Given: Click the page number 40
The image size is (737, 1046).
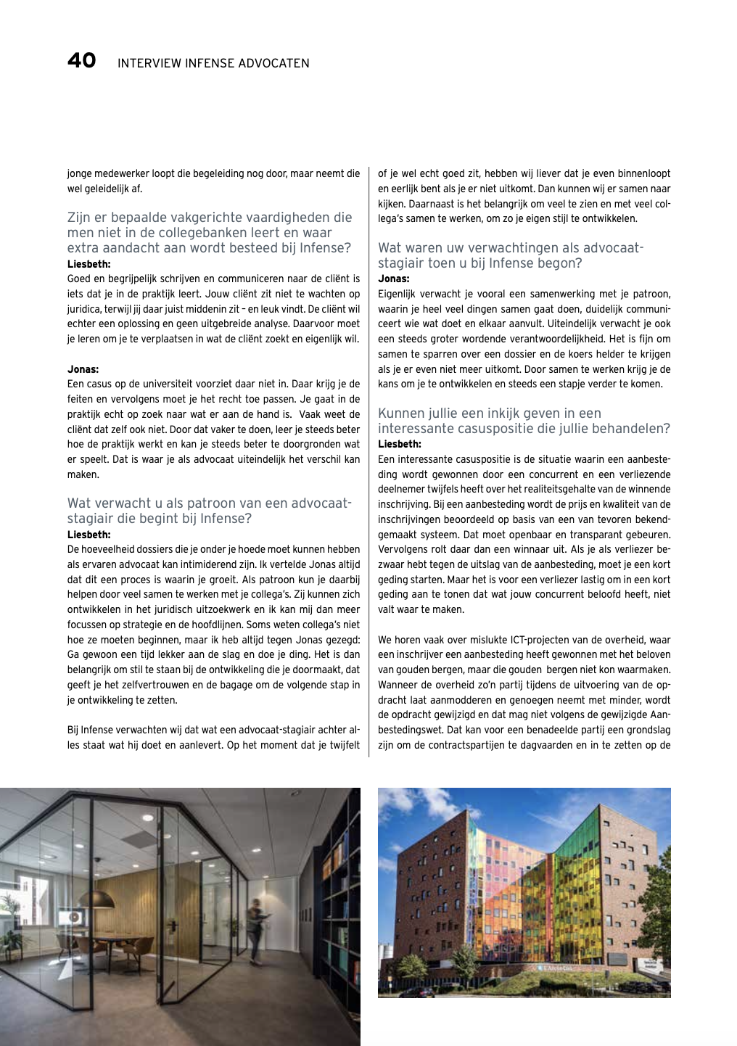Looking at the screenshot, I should pos(81,60).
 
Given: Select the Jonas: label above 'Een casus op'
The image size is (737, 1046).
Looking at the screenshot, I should pos(83,369).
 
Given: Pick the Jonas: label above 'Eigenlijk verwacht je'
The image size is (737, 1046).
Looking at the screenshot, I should pos(393,279).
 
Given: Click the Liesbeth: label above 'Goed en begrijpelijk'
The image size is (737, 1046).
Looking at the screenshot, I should pos(88,264).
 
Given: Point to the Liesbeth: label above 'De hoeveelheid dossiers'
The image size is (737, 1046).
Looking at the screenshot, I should pos(88,535).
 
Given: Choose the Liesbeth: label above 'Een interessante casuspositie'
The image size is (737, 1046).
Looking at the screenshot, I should pos(399,444).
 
